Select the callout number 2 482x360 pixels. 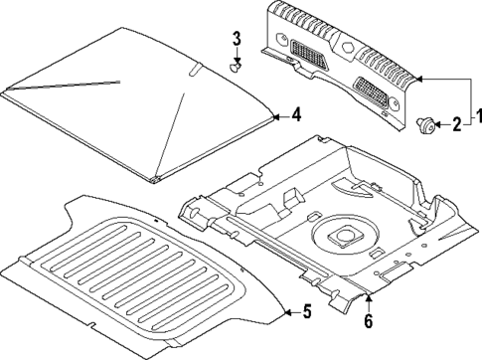pyautogui.click(x=456, y=124)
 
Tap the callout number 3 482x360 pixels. pyautogui.click(x=237, y=39)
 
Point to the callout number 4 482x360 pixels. pyautogui.click(x=295, y=116)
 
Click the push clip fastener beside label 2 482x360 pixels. pyautogui.click(x=426, y=124)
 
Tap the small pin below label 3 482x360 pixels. pyautogui.click(x=237, y=69)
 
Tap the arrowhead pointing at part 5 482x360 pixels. pyautogui.click(x=284, y=313)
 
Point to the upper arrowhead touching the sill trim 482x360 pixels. pyautogui.click(x=420, y=79)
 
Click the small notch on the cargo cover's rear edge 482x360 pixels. pyautogui.click(x=195, y=69)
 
